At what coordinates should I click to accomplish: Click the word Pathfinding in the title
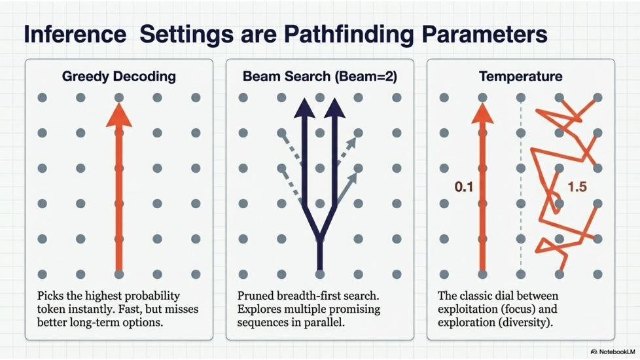pyautogui.click(x=349, y=34)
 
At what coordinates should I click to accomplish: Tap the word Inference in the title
pyautogui.click(x=75, y=34)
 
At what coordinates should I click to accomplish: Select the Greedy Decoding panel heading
pyautogui.click(x=119, y=77)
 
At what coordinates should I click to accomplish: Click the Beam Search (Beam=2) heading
pyautogui.click(x=319, y=77)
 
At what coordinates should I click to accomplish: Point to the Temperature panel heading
pyautogui.click(x=520, y=77)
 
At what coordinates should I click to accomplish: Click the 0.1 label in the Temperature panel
pyautogui.click(x=464, y=187)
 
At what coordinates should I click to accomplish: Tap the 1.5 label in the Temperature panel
pyautogui.click(x=577, y=187)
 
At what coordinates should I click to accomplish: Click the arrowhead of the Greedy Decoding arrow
pyautogui.click(x=119, y=115)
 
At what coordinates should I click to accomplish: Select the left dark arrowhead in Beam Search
pyautogui.click(x=304, y=108)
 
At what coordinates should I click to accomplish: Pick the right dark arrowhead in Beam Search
pyautogui.click(x=335, y=108)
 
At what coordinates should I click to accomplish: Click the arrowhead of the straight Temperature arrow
pyautogui.click(x=482, y=113)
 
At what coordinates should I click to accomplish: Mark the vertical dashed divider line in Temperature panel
pyautogui.click(x=521, y=186)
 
